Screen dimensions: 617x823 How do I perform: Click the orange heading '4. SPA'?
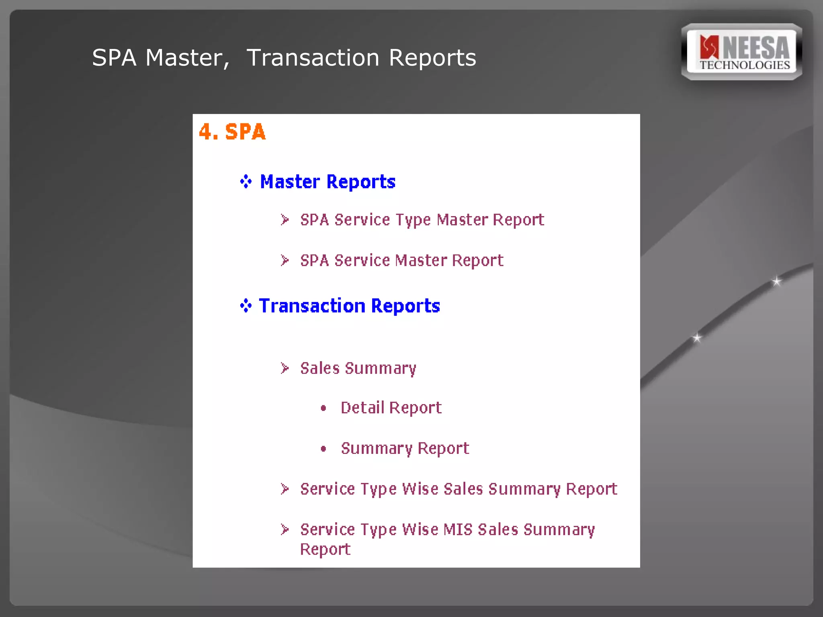232,132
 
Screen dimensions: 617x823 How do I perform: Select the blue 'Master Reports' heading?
328,182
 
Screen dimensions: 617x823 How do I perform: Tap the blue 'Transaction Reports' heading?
349,306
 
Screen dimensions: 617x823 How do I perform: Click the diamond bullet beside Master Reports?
246,182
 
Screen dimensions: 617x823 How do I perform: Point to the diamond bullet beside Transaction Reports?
246,306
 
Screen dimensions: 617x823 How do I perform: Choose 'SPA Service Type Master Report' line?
422,220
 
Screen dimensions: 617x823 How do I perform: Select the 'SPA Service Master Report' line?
401,261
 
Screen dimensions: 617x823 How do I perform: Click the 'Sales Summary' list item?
358,368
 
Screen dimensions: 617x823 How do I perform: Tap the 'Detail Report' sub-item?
391,408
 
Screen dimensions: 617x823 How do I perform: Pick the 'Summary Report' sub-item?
405,448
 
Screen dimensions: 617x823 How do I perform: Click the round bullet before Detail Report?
323,409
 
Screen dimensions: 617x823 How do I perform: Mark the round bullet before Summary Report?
323,449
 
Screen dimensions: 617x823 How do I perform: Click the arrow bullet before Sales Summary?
285,368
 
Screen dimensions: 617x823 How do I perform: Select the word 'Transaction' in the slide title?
313,58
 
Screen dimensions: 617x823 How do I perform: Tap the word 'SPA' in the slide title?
114,58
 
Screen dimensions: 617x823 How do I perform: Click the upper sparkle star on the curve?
777,281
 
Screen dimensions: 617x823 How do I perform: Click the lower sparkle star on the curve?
697,338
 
